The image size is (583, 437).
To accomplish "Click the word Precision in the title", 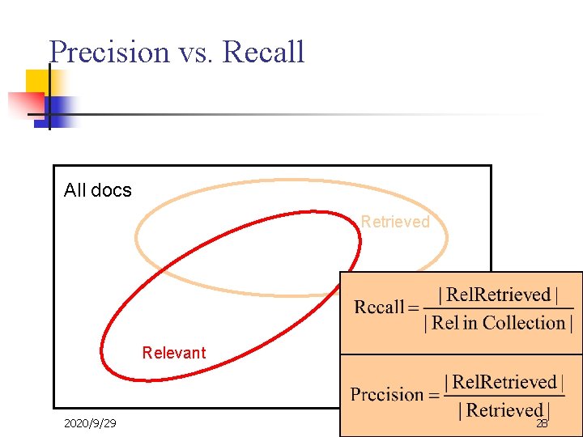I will (x=109, y=52).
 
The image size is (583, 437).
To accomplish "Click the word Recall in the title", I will (x=263, y=52).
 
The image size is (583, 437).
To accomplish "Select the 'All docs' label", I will (x=97, y=190).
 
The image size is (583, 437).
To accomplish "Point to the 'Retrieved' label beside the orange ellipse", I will (x=395, y=222).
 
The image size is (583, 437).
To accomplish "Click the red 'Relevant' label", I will (x=174, y=353).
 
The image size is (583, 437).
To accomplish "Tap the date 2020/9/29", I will (x=90, y=423).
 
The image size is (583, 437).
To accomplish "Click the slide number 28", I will (x=542, y=423).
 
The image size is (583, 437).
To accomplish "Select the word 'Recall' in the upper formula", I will (x=379, y=308).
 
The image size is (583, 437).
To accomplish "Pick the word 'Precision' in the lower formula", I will (x=387, y=395).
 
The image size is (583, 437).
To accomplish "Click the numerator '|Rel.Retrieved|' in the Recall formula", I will (x=498, y=295).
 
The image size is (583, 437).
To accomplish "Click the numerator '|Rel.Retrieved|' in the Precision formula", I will (x=504, y=382).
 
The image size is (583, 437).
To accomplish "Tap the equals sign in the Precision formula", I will (x=434, y=396).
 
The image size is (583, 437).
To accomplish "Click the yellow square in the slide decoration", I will (x=39, y=82).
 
